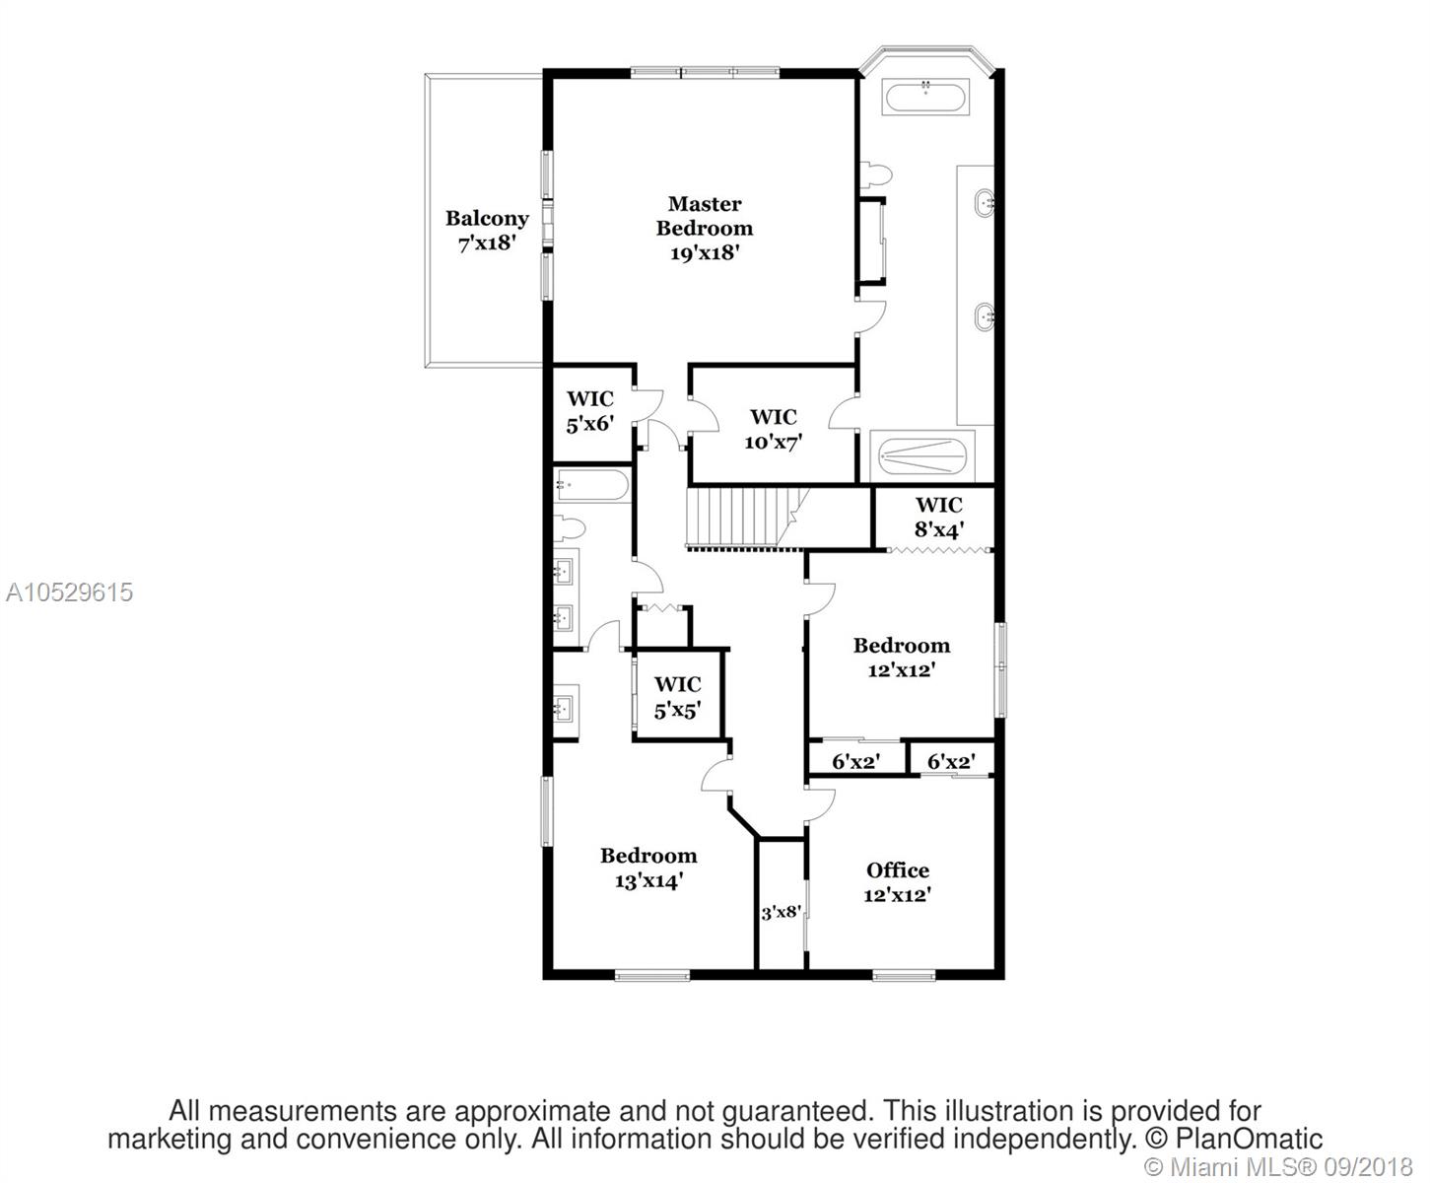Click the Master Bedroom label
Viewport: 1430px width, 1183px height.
[x=704, y=228]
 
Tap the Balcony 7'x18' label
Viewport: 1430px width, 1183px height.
[x=487, y=230]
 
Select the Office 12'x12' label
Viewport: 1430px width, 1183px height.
[x=897, y=882]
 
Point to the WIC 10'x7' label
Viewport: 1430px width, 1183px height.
[x=774, y=430]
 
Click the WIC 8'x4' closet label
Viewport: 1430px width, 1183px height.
[x=939, y=518]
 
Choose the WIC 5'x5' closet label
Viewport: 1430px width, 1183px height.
[x=677, y=697]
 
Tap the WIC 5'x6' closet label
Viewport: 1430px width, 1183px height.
[x=589, y=411]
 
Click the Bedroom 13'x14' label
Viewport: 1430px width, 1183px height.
[x=648, y=868]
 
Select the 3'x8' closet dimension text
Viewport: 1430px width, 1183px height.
[x=781, y=913]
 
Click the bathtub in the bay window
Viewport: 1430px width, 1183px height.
[x=925, y=98]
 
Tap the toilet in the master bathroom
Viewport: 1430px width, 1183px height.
[x=876, y=174]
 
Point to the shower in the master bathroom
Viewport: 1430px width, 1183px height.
[x=921, y=456]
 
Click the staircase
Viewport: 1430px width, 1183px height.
[x=748, y=518]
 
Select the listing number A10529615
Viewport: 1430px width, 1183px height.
[x=69, y=592]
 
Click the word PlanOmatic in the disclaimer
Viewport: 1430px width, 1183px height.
[x=1249, y=1138]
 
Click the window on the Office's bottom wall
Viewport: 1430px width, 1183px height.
[x=904, y=975]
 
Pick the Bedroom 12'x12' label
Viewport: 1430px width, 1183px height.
[x=902, y=658]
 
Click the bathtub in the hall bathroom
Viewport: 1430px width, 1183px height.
[x=591, y=486]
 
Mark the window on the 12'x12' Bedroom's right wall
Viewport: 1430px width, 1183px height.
[x=1000, y=669]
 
